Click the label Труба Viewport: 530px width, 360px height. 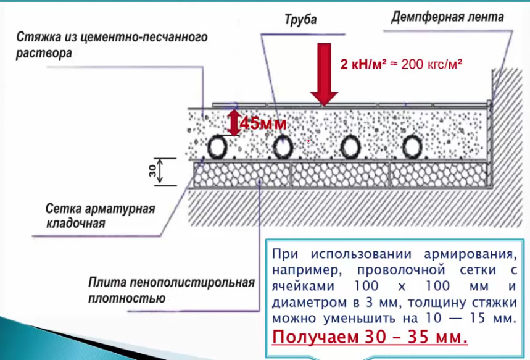(300, 20)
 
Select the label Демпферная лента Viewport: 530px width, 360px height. (447, 17)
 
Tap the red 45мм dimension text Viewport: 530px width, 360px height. (263, 123)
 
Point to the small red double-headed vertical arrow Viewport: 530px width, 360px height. (234, 123)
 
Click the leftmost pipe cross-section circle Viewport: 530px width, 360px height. (218, 147)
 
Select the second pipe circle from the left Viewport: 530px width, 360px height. (283, 147)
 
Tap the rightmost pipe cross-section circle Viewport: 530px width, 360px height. (412, 147)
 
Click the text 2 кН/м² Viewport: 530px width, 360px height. (363, 64)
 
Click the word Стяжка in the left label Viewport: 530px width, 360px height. (36, 38)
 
